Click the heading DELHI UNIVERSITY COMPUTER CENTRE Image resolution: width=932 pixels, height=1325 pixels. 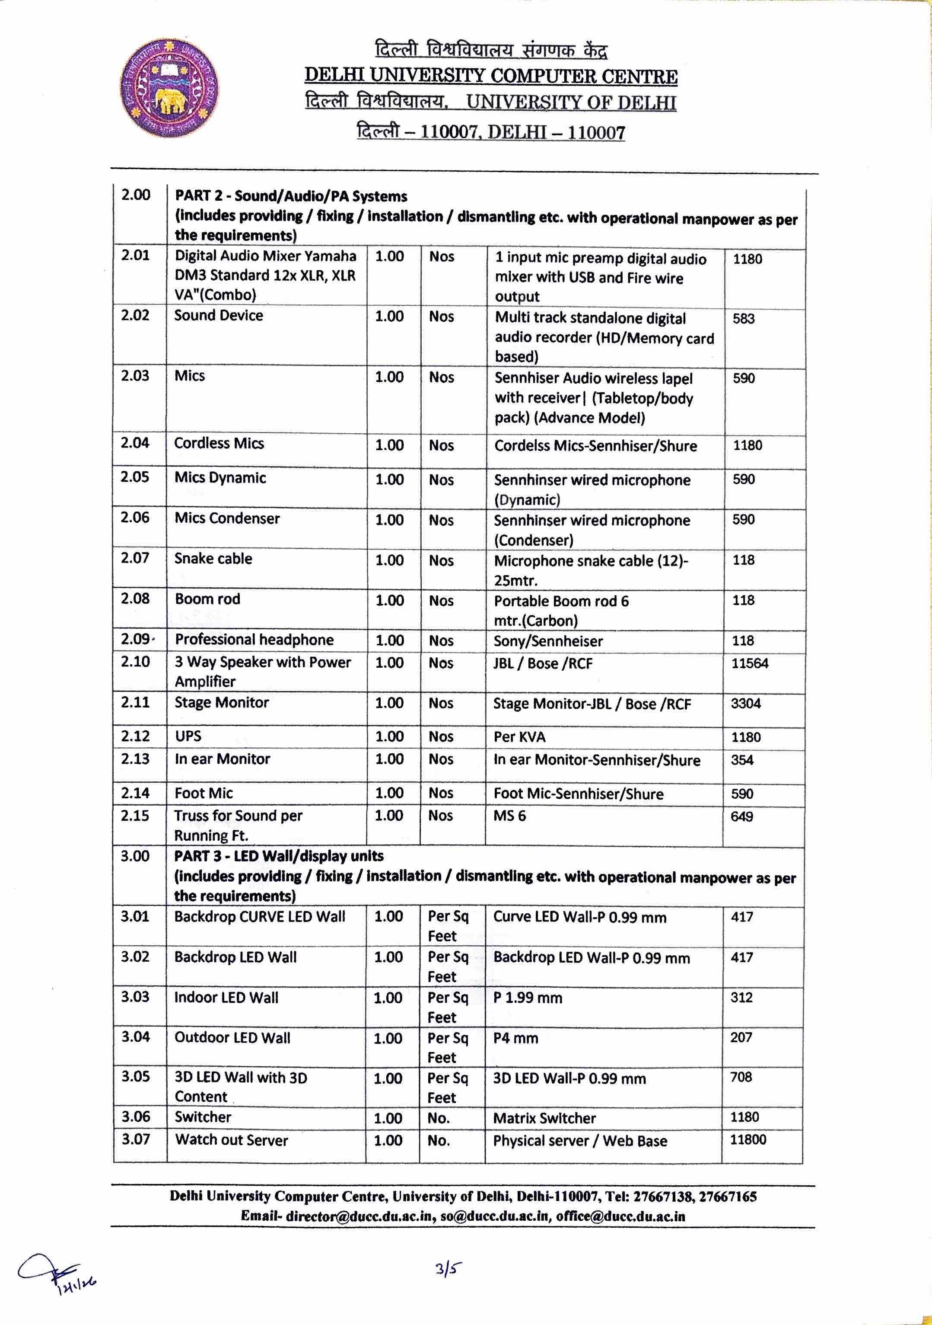click(x=491, y=76)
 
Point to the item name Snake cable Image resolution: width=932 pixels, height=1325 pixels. click(x=213, y=559)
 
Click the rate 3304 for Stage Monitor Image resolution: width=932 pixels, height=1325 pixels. click(x=746, y=704)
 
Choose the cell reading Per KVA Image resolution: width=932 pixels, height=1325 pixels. click(x=520, y=737)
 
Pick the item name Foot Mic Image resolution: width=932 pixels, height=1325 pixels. click(x=204, y=794)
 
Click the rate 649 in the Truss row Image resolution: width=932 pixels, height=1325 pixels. click(x=742, y=816)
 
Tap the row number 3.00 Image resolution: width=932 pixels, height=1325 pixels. click(x=135, y=856)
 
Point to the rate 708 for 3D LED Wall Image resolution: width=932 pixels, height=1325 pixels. click(x=741, y=1077)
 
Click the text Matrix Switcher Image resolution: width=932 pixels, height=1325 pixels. click(x=544, y=1118)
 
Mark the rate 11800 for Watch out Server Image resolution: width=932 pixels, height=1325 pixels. click(x=748, y=1140)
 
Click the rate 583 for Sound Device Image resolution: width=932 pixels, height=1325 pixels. click(x=744, y=319)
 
